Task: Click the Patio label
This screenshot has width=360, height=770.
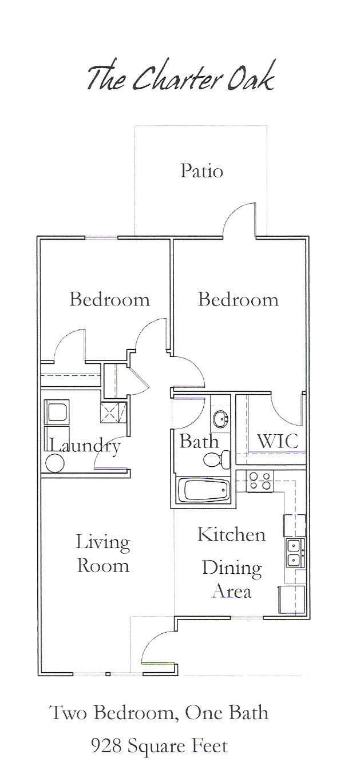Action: pyautogui.click(x=202, y=171)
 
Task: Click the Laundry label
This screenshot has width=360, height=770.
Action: pyautogui.click(x=85, y=447)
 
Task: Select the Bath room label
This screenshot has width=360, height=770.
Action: pyautogui.click(x=199, y=442)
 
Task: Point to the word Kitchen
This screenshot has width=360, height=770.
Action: pyautogui.click(x=231, y=535)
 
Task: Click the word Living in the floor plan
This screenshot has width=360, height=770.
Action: pyautogui.click(x=103, y=543)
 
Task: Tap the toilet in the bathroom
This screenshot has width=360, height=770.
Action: pyautogui.click(x=217, y=459)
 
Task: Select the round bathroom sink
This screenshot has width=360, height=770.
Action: pyautogui.click(x=220, y=419)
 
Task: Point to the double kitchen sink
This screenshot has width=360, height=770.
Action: pyautogui.click(x=295, y=553)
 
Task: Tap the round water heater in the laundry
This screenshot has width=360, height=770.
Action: pyautogui.click(x=55, y=463)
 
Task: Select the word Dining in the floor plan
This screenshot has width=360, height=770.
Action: pyautogui.click(x=232, y=568)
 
